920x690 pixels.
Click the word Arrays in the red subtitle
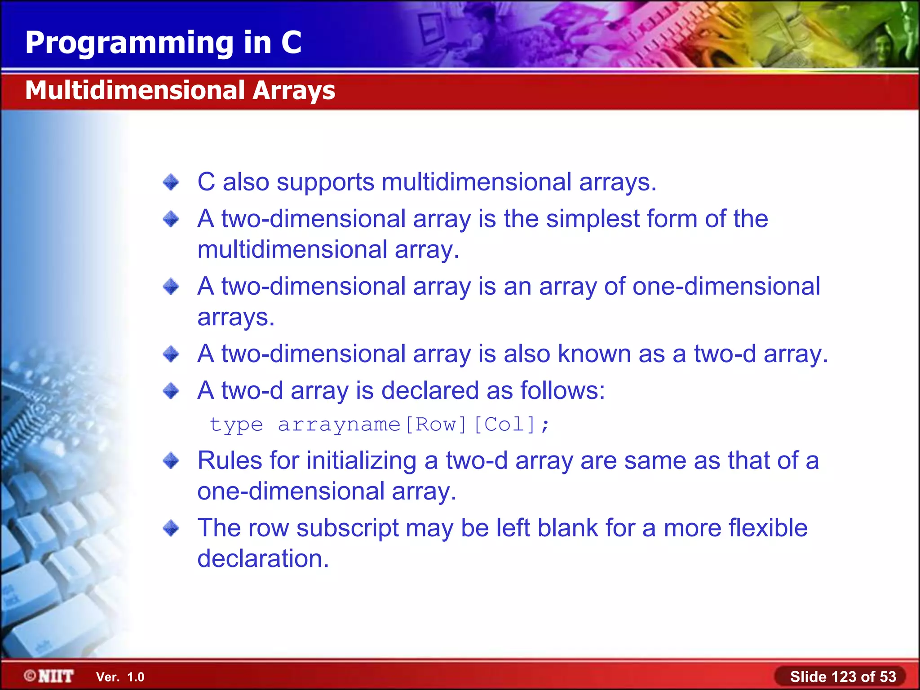click(293, 90)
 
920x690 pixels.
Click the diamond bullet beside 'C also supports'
click(171, 182)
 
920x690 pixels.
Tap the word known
click(594, 354)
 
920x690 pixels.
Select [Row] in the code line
click(436, 425)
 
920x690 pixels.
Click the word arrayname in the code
click(339, 425)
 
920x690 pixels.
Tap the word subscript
click(347, 529)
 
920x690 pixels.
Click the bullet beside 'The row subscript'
click(171, 528)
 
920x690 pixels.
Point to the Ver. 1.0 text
click(120, 677)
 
